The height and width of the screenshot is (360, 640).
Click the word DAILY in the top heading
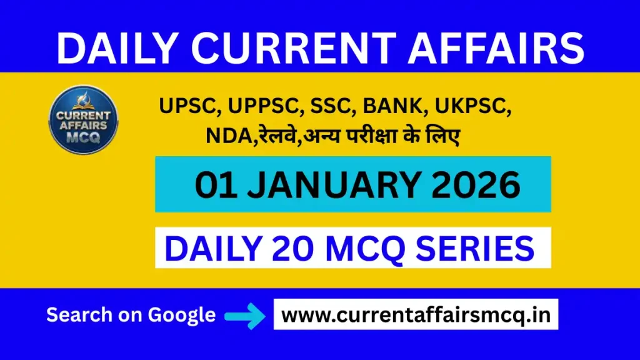113,47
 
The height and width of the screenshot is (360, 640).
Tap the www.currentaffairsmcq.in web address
416,315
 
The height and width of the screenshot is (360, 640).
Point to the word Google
182,315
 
